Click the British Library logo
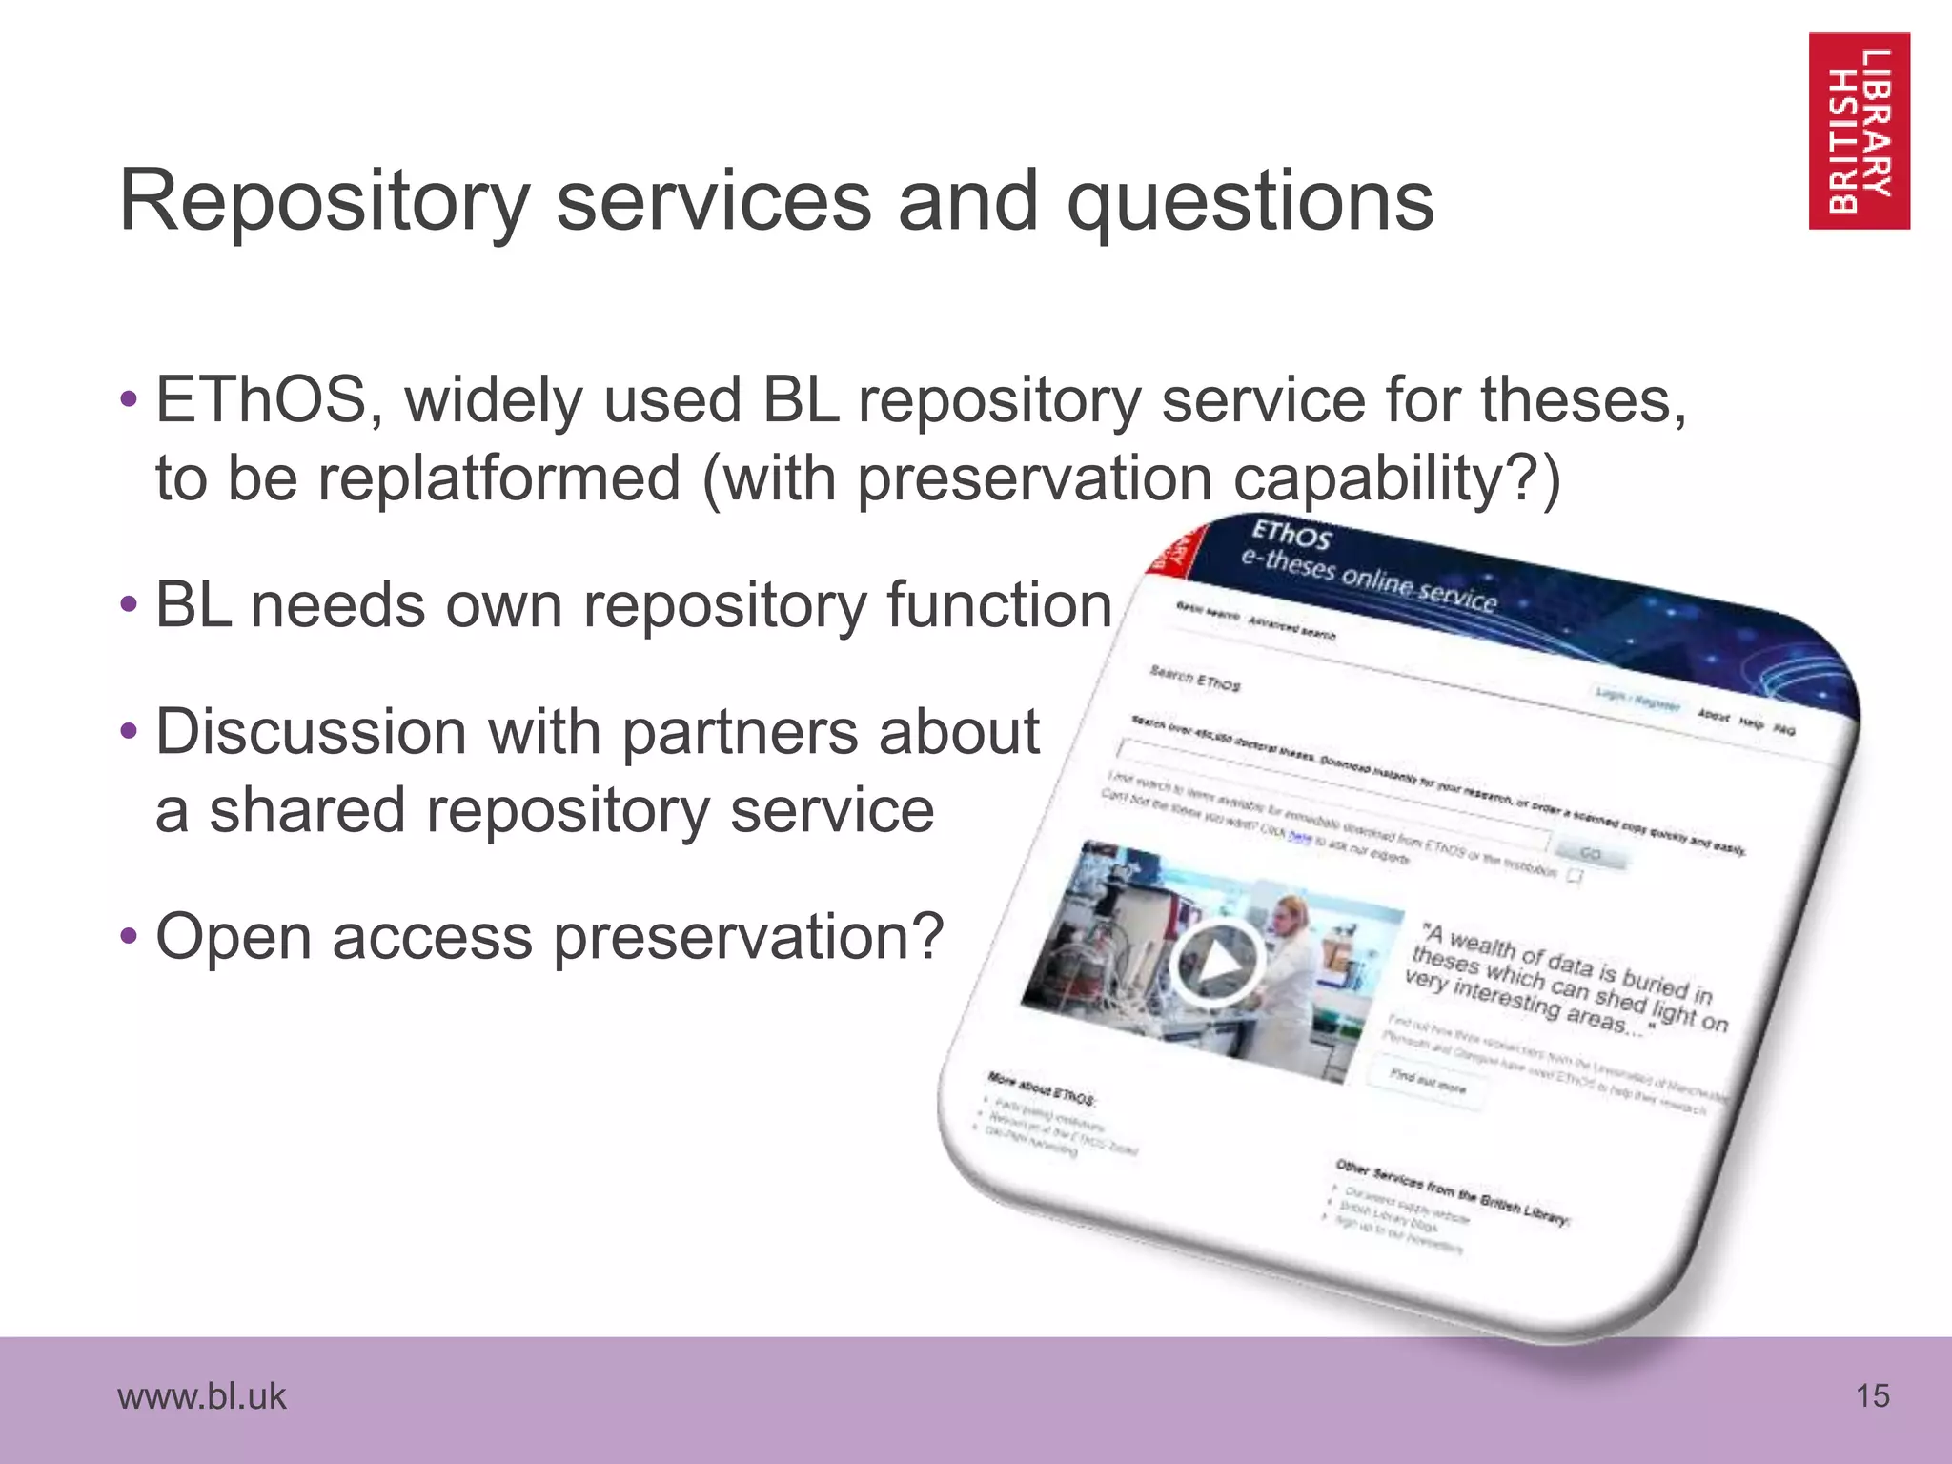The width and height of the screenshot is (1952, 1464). (x=1859, y=132)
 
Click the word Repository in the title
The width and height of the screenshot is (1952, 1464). (x=324, y=202)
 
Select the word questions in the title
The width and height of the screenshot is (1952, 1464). (x=1250, y=202)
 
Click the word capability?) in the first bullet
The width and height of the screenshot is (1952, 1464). (x=1397, y=478)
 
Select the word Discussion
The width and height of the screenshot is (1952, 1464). (x=311, y=732)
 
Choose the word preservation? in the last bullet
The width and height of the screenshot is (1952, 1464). (x=748, y=939)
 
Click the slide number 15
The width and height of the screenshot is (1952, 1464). (x=1872, y=1396)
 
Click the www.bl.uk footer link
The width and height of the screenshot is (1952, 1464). (x=201, y=1397)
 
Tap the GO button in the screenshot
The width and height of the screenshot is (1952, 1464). (x=1590, y=853)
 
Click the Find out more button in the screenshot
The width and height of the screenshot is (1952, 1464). (x=1427, y=1082)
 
